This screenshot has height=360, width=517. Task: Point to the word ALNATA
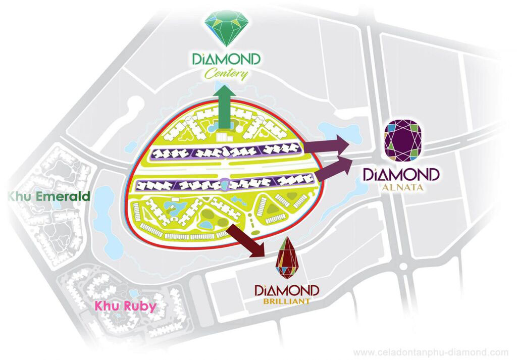(402, 189)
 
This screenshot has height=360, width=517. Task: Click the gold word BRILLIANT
(286, 303)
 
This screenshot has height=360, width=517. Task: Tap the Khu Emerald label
(48, 196)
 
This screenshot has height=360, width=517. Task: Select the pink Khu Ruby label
(126, 306)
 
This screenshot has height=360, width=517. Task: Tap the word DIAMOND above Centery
(227, 60)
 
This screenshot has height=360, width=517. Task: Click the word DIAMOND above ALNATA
(402, 175)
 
